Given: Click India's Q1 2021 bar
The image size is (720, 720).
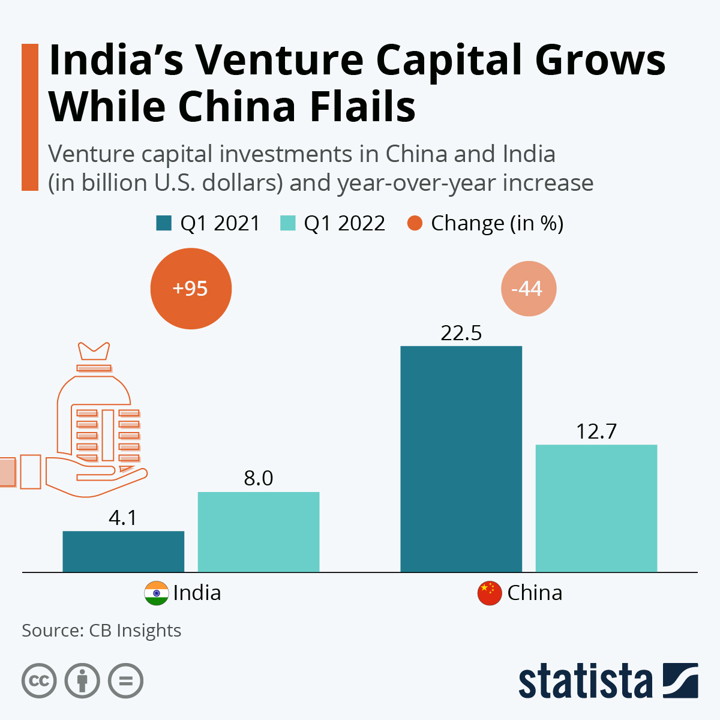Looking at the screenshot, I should [x=123, y=551].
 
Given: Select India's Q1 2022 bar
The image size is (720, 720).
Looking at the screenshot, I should [x=259, y=532].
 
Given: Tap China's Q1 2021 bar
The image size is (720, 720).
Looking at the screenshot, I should [x=461, y=459].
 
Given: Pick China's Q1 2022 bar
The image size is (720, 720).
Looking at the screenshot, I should [x=596, y=508].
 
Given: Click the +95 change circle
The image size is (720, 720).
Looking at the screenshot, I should [x=191, y=289].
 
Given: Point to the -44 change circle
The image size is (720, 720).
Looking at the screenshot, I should [x=528, y=289].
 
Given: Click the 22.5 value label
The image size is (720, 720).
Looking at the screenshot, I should [x=461, y=333].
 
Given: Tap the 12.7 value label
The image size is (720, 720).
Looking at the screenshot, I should [x=596, y=431].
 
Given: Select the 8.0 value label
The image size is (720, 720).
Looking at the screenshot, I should [x=259, y=478].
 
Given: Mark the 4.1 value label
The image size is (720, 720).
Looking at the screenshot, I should [x=123, y=517].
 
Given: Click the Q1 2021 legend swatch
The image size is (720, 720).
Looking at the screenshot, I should [x=164, y=223].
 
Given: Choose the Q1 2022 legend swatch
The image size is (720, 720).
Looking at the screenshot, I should [x=288, y=223].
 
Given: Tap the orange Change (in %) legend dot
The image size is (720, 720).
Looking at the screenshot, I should [x=415, y=223].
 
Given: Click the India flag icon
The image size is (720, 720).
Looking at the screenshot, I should [x=156, y=593].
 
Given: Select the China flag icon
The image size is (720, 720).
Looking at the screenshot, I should [x=489, y=593].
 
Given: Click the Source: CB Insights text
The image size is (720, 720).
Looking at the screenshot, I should [x=101, y=631].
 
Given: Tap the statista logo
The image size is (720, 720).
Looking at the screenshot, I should [x=608, y=681].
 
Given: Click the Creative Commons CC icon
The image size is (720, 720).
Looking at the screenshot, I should [x=39, y=681].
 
